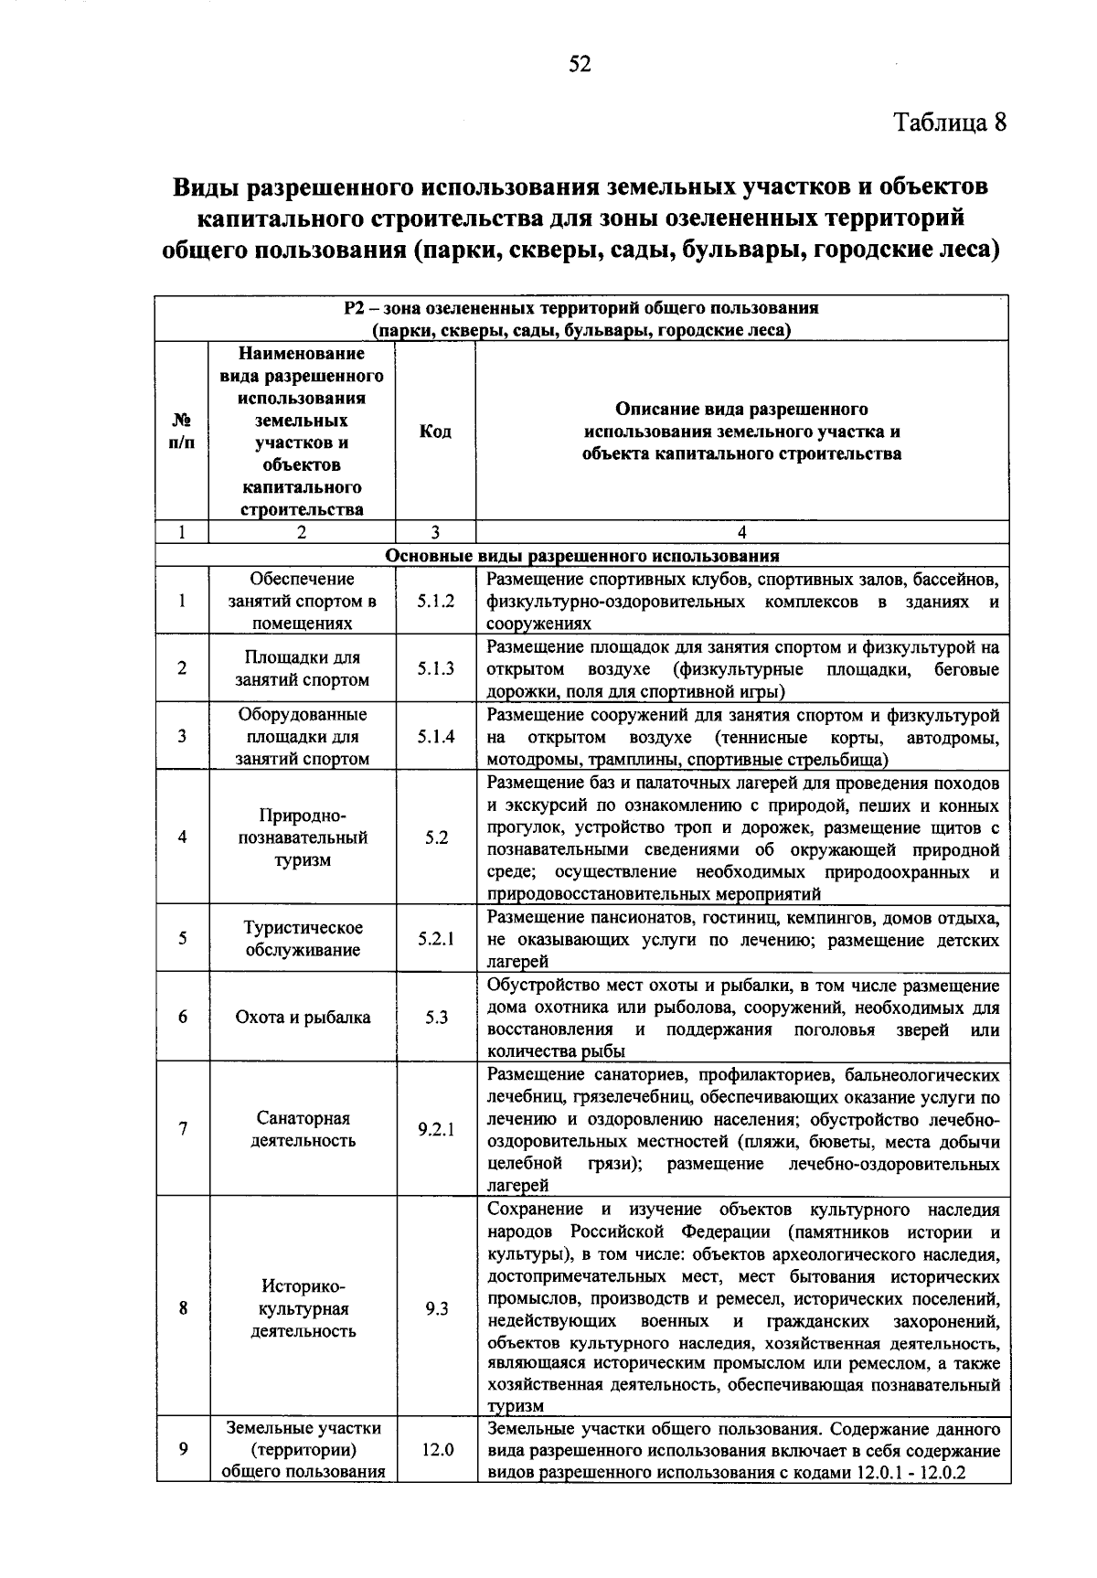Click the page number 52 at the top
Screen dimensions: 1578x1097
(x=580, y=63)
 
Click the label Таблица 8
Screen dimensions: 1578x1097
(x=949, y=123)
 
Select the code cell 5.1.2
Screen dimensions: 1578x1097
(x=436, y=602)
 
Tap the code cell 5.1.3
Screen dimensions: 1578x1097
(x=436, y=669)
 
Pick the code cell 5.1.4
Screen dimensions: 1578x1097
(x=436, y=737)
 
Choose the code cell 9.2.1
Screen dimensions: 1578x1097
(x=436, y=1129)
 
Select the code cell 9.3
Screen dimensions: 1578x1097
(x=436, y=1309)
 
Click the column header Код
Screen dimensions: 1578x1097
(x=435, y=432)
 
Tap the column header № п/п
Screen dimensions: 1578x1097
(x=183, y=432)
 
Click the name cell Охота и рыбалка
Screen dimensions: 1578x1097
(x=303, y=1018)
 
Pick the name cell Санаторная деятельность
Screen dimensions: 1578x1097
(x=303, y=1129)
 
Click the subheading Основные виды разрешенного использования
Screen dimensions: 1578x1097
(x=582, y=556)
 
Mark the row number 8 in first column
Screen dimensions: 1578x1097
(x=183, y=1309)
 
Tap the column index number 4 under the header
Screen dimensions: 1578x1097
(x=741, y=533)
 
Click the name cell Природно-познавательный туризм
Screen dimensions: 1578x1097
(x=303, y=837)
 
